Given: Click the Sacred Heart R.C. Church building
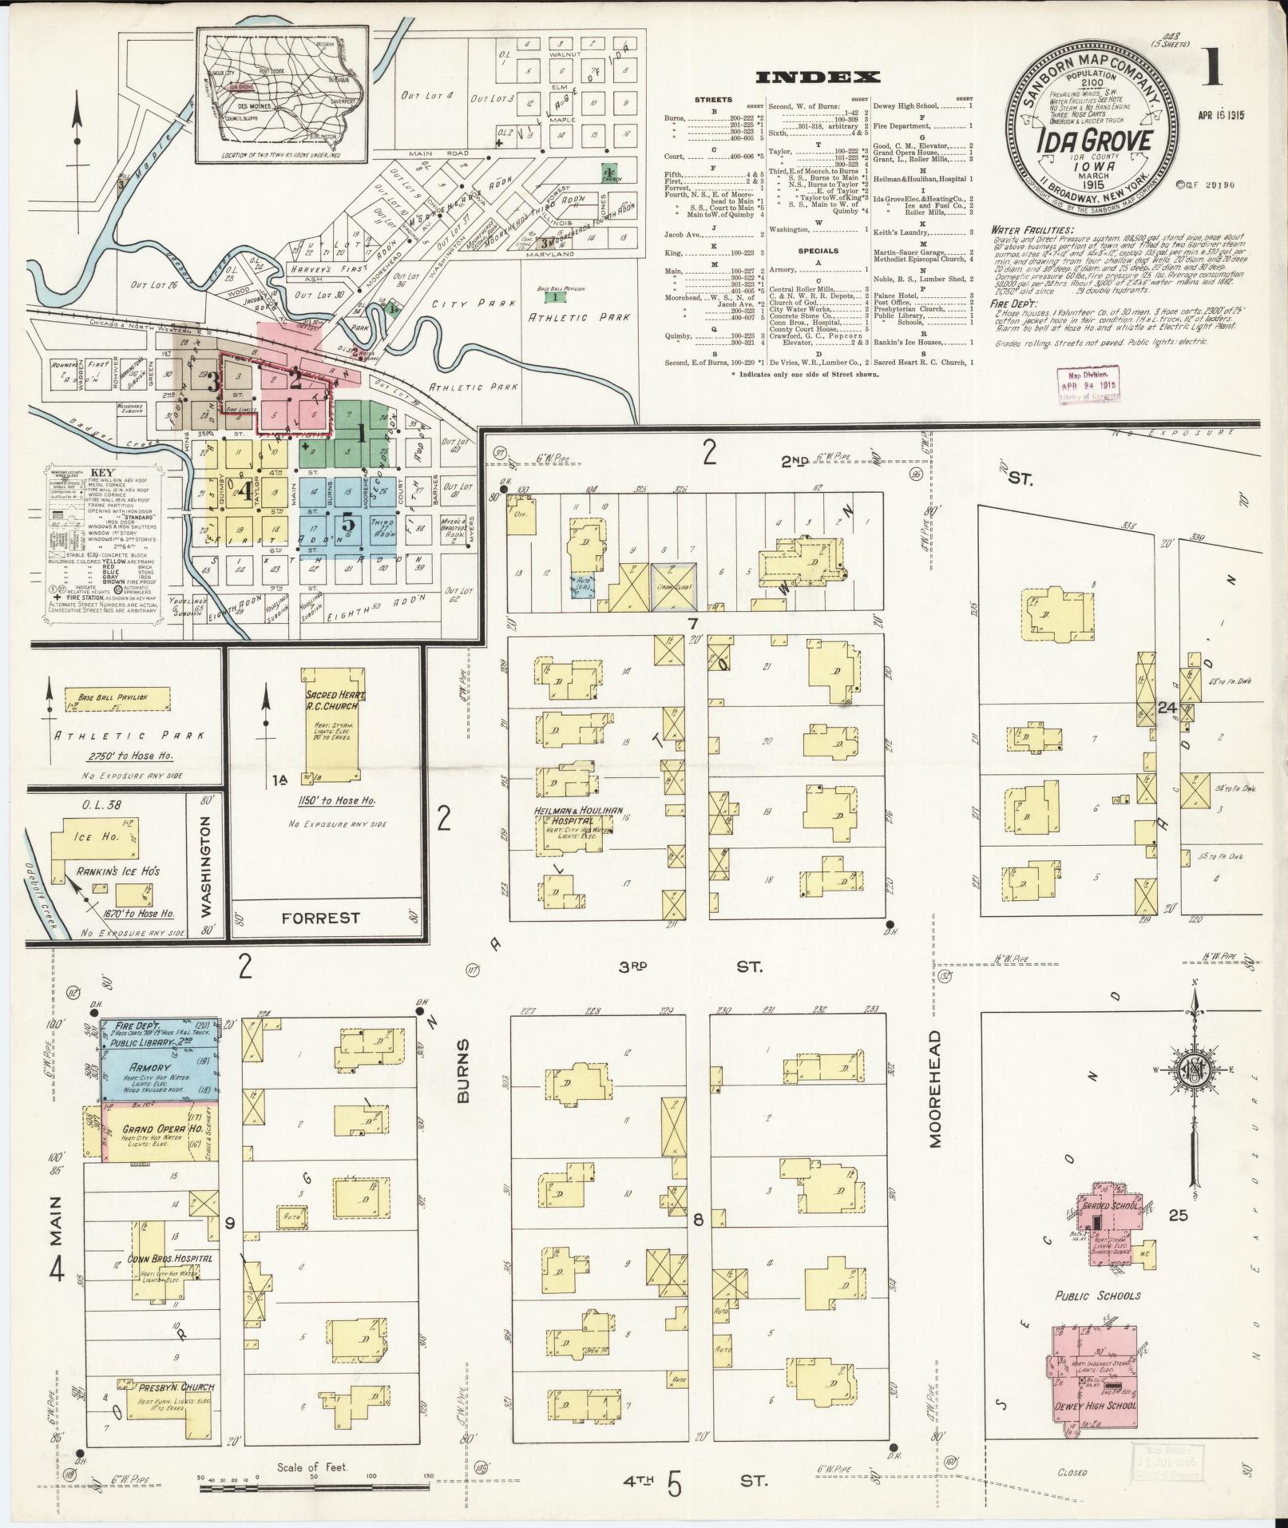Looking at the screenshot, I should click(330, 726).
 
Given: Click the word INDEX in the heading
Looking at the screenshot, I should click(817, 77).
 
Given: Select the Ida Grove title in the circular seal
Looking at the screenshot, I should click(1095, 141).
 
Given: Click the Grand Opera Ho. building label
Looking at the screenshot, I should click(151, 1129).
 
